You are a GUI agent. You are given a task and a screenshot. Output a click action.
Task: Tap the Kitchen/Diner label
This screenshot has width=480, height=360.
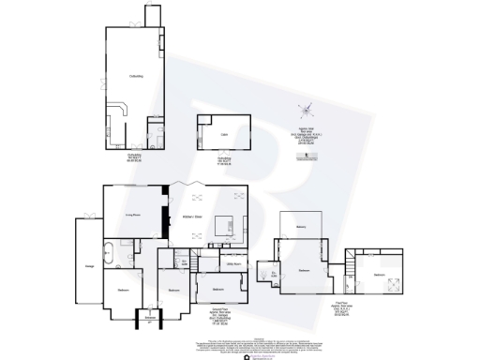(193, 217)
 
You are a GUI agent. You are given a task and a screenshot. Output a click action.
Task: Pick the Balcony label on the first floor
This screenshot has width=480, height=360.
(300, 227)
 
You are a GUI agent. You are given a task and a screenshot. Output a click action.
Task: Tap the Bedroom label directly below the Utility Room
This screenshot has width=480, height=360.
(217, 290)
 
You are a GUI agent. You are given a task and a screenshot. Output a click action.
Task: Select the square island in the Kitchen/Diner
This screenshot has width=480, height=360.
(226, 227)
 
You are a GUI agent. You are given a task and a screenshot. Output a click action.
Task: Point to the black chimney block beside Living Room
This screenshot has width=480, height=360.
(166, 198)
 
